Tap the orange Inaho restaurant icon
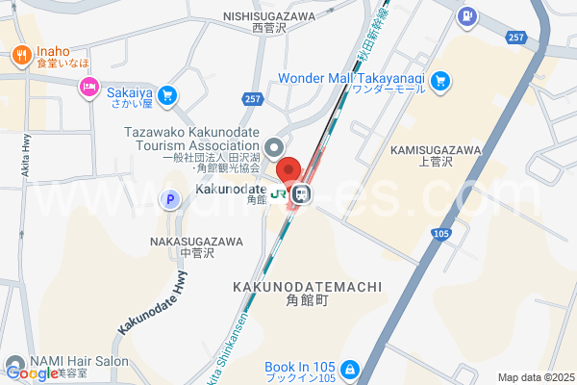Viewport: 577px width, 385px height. pyautogui.click(x=20, y=56)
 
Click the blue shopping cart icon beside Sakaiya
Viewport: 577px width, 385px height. pyautogui.click(x=167, y=94)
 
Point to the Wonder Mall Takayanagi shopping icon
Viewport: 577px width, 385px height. pyautogui.click(x=440, y=80)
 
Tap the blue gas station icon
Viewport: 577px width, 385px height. pyautogui.click(x=466, y=15)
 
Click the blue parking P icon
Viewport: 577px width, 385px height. pyautogui.click(x=170, y=200)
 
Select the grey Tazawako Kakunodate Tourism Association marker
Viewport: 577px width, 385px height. pyautogui.click(x=275, y=148)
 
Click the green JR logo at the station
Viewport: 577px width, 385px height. pyautogui.click(x=278, y=194)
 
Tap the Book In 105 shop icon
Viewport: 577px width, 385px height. pyautogui.click(x=350, y=369)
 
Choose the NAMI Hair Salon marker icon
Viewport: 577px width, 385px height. pyautogui.click(x=13, y=363)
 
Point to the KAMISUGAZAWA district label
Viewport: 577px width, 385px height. pyautogui.click(x=435, y=151)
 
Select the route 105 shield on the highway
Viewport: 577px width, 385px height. pyautogui.click(x=439, y=233)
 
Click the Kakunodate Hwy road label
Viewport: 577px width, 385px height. pyautogui.click(x=154, y=302)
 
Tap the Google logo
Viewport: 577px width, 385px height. pyautogui.click(x=31, y=373)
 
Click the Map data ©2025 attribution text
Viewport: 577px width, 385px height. pyautogui.click(x=535, y=377)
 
